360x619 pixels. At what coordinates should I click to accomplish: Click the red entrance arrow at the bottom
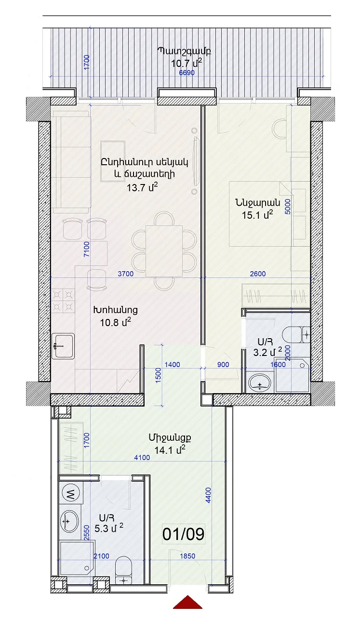click(x=188, y=609)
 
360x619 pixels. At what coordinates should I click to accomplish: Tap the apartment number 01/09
click(x=183, y=534)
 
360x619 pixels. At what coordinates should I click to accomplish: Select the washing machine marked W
click(x=71, y=492)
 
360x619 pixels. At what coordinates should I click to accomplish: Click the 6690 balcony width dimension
click(x=187, y=73)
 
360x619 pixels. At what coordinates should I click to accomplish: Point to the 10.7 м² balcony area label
click(x=187, y=64)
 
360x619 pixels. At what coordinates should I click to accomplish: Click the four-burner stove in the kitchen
click(x=63, y=301)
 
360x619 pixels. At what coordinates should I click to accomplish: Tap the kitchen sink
click(x=63, y=346)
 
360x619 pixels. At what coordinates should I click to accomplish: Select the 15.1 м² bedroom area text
click(x=257, y=214)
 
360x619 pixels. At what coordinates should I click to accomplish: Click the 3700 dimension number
click(x=125, y=274)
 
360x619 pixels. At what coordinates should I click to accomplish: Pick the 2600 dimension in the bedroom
click(x=258, y=274)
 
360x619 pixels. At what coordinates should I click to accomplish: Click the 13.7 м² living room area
click(x=142, y=187)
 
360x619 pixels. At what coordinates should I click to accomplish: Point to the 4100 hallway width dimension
click(x=142, y=457)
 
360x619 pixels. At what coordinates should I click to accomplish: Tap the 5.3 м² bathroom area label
click(x=108, y=528)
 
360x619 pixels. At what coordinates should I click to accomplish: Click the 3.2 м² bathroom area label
click(x=267, y=352)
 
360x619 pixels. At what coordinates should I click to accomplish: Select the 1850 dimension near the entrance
click(x=187, y=556)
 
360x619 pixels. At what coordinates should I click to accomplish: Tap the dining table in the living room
click(x=164, y=251)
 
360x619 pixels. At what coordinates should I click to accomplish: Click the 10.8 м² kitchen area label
click(x=115, y=322)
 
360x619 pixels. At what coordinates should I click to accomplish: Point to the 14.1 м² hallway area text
click(x=170, y=450)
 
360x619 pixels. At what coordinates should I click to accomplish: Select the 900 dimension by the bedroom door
click(x=223, y=365)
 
